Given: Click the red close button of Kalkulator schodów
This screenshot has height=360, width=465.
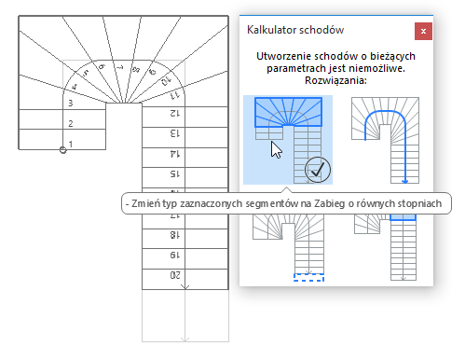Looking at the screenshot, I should (x=424, y=30).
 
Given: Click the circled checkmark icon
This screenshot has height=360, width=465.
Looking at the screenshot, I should (x=318, y=171).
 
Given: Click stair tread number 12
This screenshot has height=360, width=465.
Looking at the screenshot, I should (x=173, y=113).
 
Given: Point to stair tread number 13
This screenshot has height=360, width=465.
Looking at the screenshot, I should (x=173, y=133).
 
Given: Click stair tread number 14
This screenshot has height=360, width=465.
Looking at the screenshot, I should (x=173, y=154).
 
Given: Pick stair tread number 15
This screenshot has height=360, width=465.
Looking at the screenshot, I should (x=173, y=174).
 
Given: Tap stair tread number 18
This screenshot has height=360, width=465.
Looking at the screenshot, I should (x=173, y=236).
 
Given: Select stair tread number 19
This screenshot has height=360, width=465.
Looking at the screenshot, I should (x=173, y=256).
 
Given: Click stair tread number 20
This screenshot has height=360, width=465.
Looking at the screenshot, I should (x=173, y=275).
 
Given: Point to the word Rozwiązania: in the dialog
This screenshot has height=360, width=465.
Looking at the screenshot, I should (x=334, y=81).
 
